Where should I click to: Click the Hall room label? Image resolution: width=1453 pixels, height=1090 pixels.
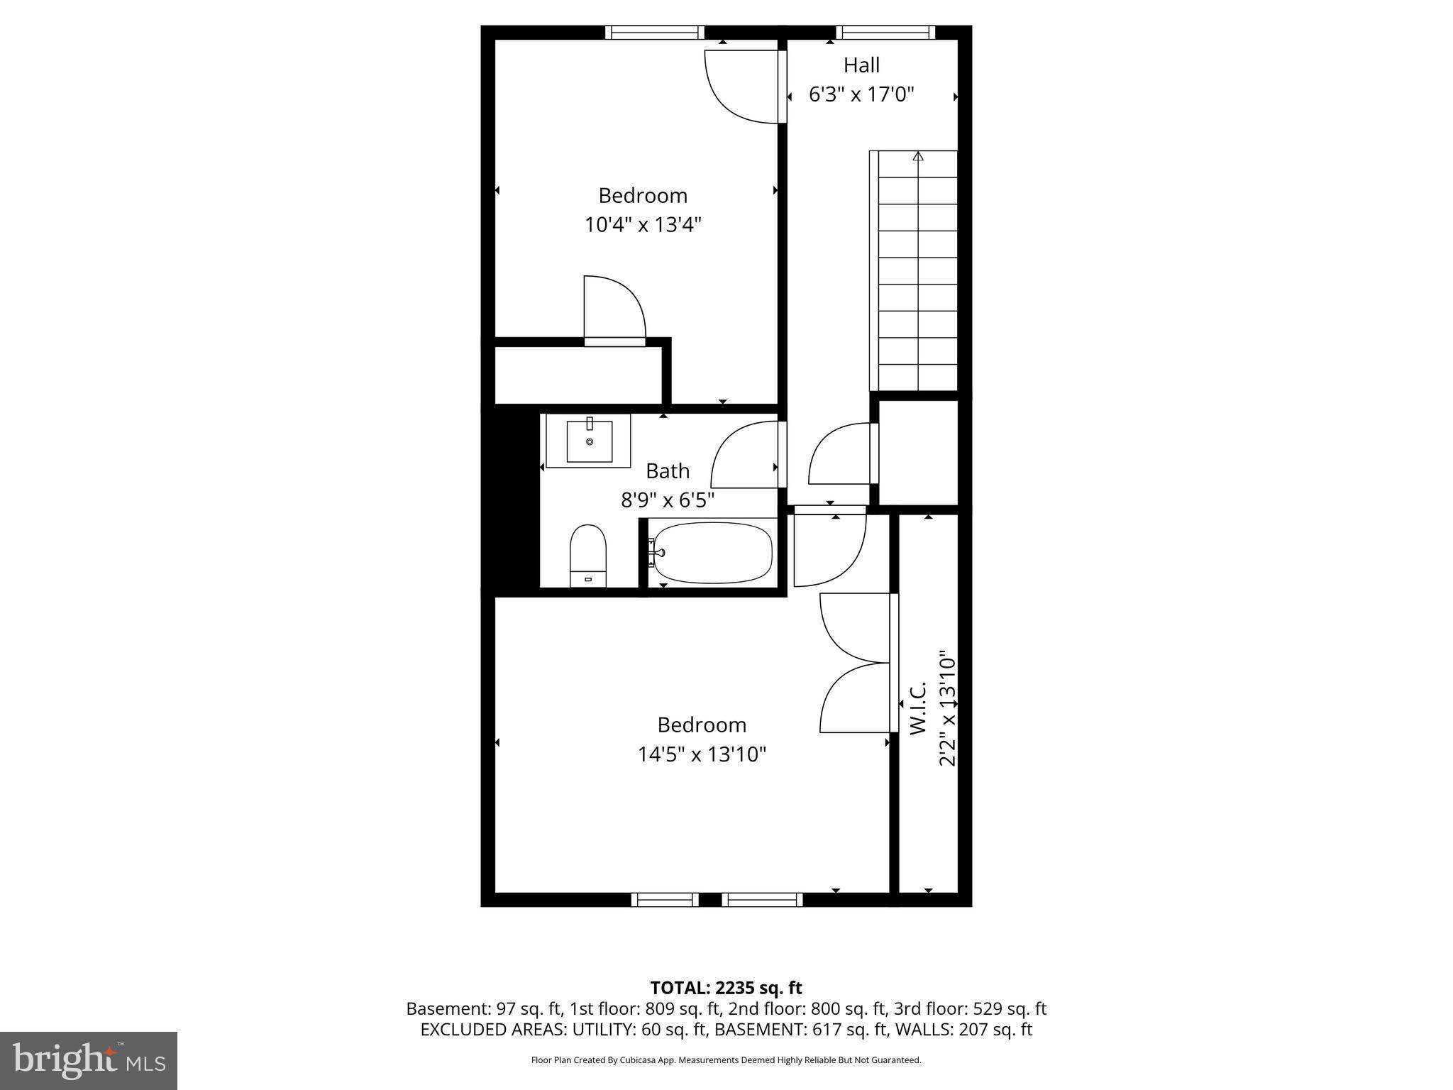861,65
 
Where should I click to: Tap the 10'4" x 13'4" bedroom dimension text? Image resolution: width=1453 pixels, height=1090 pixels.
643,225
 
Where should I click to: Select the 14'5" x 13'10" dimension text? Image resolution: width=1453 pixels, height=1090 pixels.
702,754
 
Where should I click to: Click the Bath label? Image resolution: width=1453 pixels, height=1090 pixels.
667,471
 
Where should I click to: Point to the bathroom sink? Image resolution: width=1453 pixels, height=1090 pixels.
589,441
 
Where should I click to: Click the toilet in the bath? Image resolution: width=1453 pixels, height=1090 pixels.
588,555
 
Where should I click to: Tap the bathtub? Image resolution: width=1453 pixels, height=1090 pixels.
712,553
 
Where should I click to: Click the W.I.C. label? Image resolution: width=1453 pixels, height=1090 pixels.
917,708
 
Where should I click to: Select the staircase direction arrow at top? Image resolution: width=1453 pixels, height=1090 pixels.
918,156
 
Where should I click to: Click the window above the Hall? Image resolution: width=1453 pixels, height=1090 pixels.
885,33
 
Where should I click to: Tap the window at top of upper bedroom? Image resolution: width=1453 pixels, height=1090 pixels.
654,33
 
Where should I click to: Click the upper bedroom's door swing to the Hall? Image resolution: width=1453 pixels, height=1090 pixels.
741,85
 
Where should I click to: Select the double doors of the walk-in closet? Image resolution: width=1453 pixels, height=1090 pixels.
855,663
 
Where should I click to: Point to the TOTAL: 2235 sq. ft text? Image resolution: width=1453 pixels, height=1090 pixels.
726,988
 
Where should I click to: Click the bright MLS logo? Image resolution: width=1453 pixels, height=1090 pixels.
89,1061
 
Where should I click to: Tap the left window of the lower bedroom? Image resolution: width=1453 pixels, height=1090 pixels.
665,900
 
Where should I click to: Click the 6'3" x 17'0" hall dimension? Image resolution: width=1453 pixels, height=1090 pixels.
861,94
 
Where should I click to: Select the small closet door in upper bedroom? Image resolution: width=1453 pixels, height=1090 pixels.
614,310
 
